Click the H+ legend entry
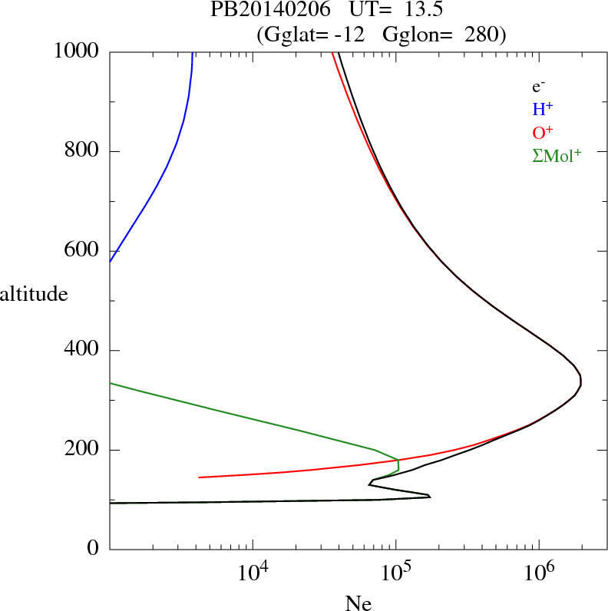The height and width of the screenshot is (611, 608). tap(542, 109)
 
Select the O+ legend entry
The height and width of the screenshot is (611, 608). tap(543, 132)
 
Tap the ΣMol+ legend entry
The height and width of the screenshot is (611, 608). tap(557, 155)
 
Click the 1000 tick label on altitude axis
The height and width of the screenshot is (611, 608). tap(77, 51)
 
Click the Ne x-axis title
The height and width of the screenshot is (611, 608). tap(358, 603)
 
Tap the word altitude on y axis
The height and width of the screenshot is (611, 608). tap(34, 294)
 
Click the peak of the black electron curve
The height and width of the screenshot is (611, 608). tap(581, 380)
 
